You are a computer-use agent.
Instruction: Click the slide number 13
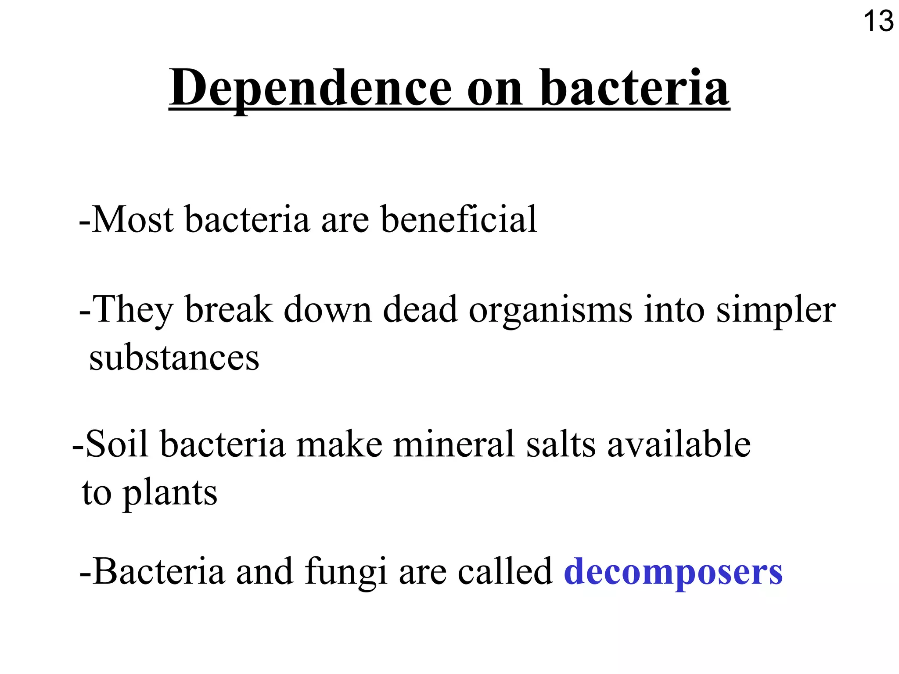point(878,22)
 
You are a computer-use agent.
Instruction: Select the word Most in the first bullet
point(133,219)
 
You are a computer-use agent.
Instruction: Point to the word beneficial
point(459,219)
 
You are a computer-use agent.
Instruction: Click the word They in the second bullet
point(134,310)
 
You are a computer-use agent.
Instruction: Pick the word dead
point(420,310)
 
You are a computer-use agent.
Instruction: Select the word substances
point(174,358)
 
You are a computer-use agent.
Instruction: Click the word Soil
point(117,444)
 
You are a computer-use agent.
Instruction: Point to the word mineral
point(454,444)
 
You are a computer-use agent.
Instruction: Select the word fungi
point(345,572)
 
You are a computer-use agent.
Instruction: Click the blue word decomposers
point(673,572)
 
